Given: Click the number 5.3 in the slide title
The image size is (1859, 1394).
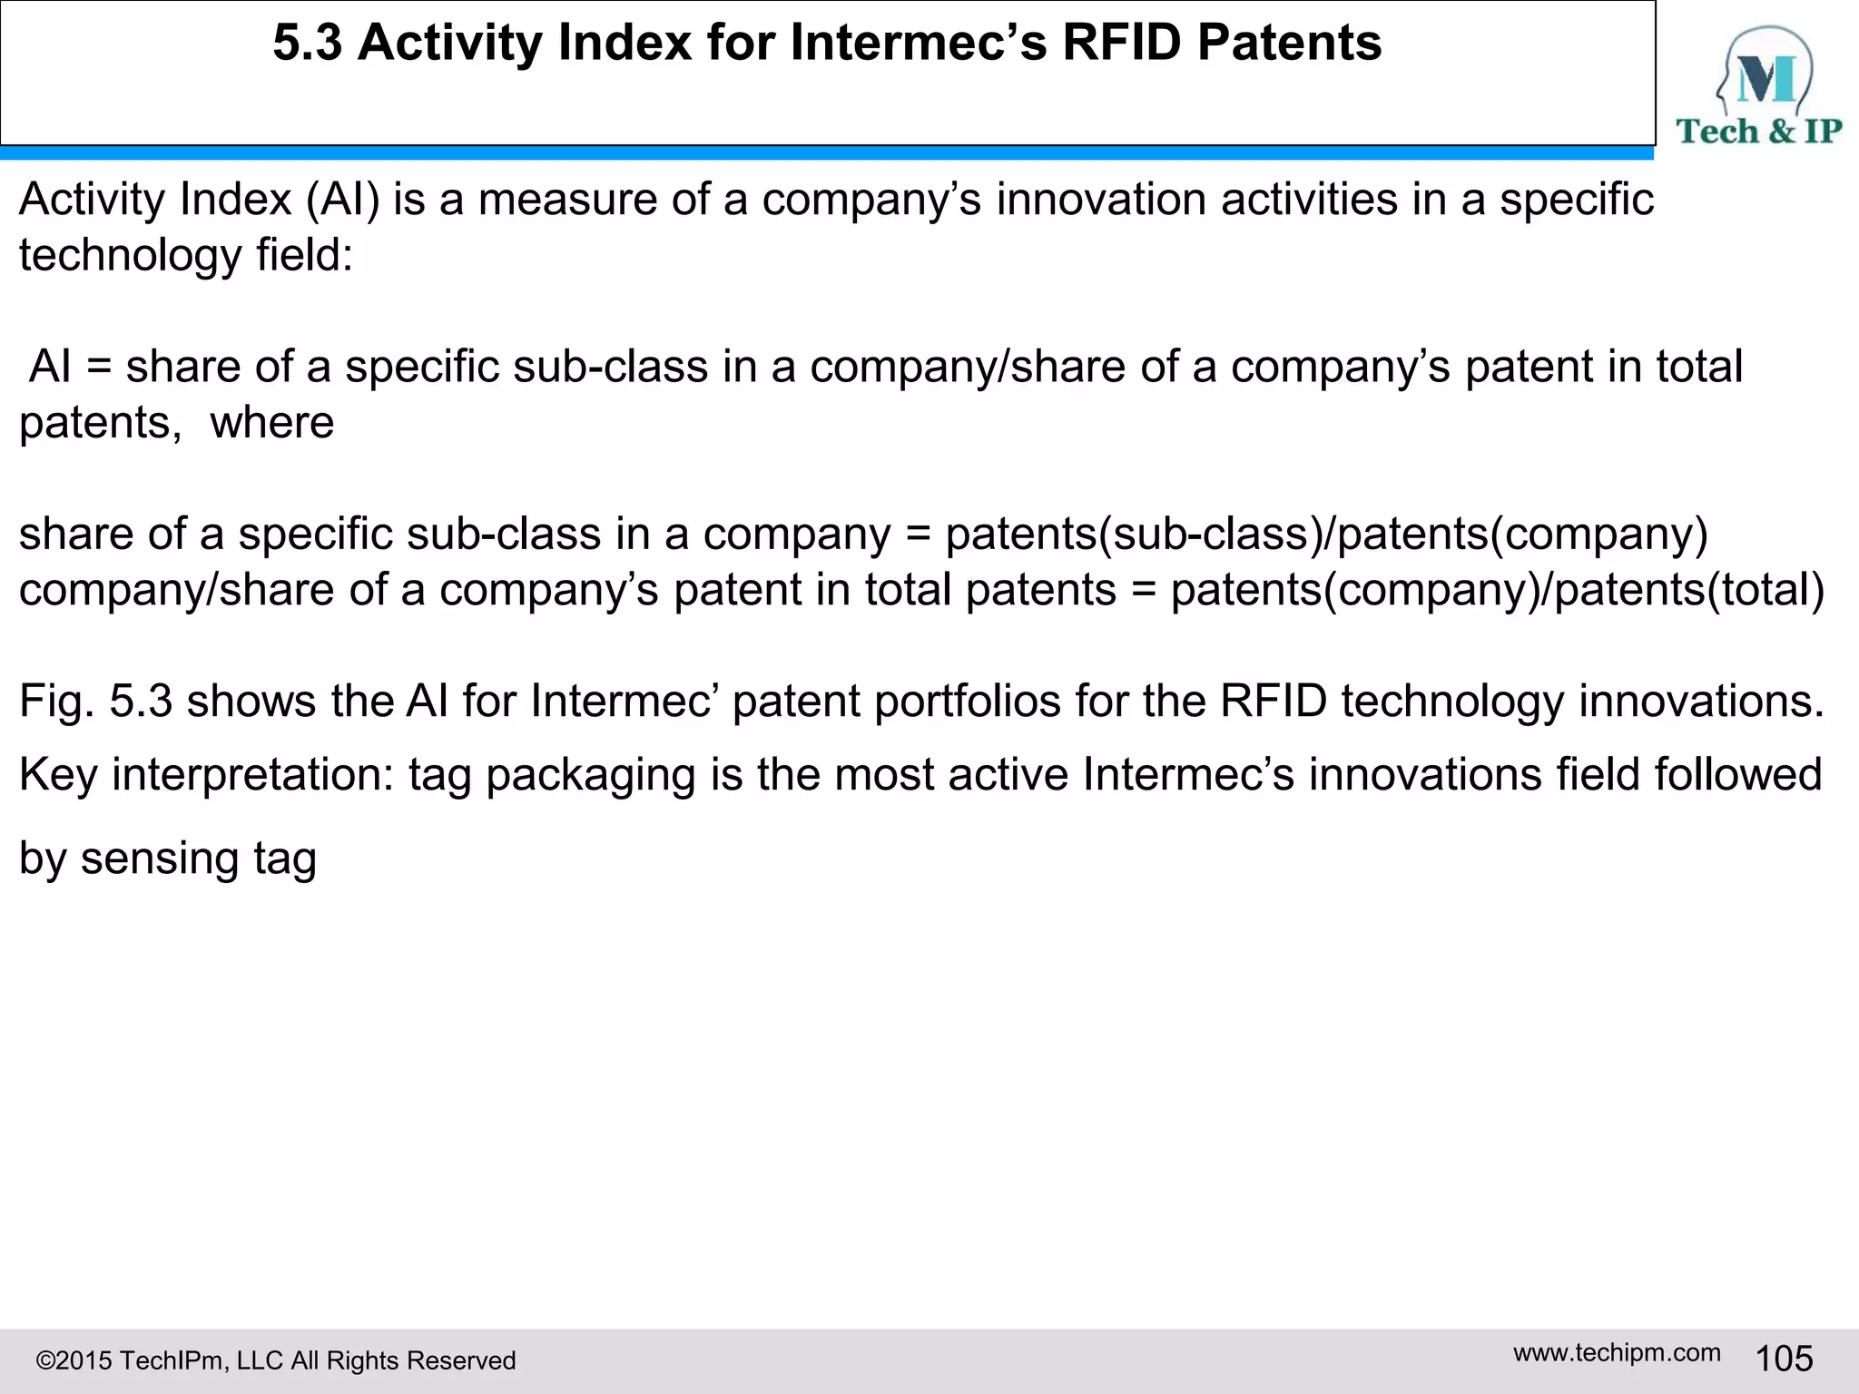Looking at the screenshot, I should (307, 43).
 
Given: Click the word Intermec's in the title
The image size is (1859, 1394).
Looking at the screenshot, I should (918, 43).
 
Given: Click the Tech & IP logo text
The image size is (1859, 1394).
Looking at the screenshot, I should (1758, 132).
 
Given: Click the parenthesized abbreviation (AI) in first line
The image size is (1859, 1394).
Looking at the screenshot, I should (342, 200).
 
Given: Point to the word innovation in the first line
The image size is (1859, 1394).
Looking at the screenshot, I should (1100, 200).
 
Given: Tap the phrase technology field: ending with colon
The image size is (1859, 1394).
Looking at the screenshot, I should (186, 255).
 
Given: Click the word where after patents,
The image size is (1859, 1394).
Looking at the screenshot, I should (272, 423).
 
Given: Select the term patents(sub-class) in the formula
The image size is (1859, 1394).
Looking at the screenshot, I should (1135, 535).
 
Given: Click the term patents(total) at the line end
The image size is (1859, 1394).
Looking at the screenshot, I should (1689, 591).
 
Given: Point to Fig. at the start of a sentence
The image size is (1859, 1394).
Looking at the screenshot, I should (56, 702).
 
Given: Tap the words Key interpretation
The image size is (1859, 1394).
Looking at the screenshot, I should (205, 775).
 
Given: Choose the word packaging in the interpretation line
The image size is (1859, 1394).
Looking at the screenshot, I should (590, 777).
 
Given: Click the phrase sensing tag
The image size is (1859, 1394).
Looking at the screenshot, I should (198, 859).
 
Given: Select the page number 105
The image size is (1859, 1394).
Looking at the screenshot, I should (1784, 1359).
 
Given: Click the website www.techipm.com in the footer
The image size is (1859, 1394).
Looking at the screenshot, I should (1617, 1352).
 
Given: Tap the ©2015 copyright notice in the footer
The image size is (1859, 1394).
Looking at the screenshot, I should (275, 1360).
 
